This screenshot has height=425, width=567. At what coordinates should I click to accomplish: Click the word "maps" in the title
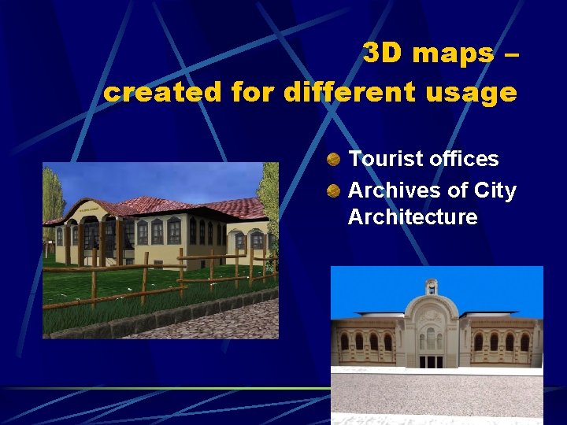452,54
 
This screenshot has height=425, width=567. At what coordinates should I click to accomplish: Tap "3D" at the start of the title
383,54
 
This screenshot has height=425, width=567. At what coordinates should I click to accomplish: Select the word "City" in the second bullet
496,190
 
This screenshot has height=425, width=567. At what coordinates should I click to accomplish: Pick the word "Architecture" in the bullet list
413,217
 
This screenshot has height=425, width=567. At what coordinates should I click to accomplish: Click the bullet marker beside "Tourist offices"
335,160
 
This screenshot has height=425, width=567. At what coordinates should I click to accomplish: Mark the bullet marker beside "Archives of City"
335,191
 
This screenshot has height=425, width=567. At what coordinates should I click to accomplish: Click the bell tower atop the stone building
431,287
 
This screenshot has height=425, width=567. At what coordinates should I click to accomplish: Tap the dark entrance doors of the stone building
431,361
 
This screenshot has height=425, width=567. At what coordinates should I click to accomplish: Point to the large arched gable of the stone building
431,319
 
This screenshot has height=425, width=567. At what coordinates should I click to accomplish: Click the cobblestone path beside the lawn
228,319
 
